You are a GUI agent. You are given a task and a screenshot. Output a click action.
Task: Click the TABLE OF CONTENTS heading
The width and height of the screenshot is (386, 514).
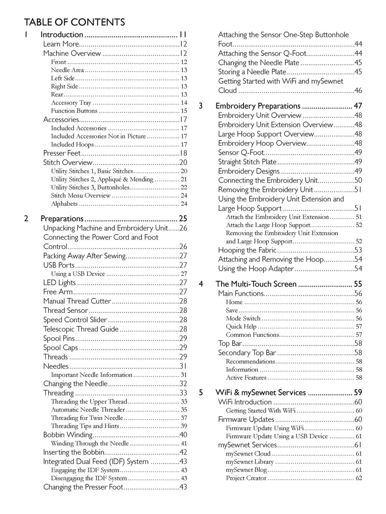(74, 22)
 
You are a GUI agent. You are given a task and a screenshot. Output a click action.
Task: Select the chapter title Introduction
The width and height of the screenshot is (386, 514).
(62, 35)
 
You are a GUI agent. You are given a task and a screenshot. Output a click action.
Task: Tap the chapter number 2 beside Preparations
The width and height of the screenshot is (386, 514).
(26, 219)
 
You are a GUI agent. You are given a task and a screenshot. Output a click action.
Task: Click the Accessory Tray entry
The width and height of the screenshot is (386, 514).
(71, 103)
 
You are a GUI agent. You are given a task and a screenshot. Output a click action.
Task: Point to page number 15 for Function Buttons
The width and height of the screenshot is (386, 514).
(184, 111)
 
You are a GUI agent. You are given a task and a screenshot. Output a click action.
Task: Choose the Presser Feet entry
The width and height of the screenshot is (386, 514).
(62, 153)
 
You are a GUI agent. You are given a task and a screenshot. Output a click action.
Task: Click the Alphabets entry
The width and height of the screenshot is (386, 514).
(64, 204)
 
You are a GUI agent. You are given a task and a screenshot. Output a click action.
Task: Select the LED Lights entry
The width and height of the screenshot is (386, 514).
(60, 283)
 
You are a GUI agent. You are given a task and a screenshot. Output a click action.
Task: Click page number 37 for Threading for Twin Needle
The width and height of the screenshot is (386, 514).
(184, 418)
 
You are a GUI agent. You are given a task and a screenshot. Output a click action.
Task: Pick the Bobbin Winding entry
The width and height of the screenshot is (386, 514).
(68, 435)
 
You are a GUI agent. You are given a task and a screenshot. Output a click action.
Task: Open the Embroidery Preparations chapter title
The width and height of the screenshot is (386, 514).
(258, 106)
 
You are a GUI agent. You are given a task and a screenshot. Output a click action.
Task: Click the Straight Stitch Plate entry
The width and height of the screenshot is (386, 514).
(247, 162)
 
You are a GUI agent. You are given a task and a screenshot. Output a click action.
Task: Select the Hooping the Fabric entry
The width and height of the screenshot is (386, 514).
(247, 250)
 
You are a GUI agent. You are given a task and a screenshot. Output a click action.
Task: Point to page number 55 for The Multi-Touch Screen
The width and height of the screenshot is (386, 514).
(358, 284)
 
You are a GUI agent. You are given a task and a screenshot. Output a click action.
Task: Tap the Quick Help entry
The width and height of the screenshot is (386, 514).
(241, 327)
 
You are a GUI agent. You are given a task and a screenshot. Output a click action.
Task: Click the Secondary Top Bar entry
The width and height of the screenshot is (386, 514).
(247, 353)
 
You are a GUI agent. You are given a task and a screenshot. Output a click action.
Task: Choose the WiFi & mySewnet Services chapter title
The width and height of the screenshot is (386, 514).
(260, 393)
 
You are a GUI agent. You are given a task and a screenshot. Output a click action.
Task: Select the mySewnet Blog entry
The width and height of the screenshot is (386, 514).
(247, 470)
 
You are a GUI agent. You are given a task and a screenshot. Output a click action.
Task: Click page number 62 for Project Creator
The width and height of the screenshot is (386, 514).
(359, 478)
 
